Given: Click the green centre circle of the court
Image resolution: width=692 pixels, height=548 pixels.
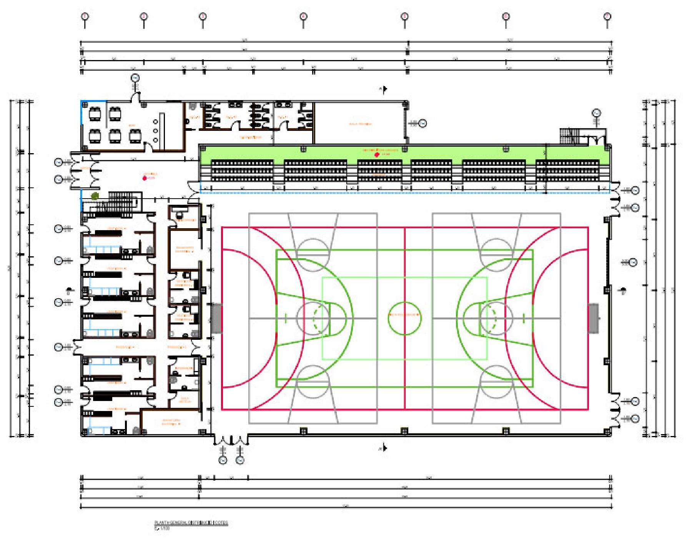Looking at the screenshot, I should click(404, 318).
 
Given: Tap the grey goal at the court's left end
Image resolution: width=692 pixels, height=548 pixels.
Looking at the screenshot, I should click(216, 318).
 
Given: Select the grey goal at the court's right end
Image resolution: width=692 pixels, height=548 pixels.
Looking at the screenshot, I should click(593, 318).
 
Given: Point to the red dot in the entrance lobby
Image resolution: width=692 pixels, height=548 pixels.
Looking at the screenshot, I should click(145, 178).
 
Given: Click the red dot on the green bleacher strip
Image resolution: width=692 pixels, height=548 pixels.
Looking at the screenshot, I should click(377, 155).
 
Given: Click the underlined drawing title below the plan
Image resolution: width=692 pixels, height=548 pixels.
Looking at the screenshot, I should click(191, 523).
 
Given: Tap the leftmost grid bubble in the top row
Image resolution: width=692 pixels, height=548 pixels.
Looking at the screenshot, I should click(85, 17).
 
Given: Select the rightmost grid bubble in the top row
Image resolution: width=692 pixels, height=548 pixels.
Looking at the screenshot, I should click(607, 17).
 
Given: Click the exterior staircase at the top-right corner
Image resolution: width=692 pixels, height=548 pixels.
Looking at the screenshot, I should click(569, 136).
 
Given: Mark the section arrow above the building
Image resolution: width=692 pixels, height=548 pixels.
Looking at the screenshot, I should click(384, 89).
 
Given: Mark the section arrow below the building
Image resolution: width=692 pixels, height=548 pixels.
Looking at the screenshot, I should click(384, 448).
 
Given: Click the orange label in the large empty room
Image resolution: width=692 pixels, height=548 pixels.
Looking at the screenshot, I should click(360, 124).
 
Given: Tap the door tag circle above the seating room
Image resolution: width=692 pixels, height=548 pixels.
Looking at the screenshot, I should click(135, 78).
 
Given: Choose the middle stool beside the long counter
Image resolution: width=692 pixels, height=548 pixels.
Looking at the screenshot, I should click(155, 131).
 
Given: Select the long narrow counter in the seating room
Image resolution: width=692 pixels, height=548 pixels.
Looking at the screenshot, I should click(162, 131).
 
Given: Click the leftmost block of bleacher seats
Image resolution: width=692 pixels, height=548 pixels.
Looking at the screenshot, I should click(242, 170).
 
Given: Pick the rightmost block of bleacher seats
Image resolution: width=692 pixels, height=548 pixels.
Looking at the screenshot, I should click(567, 170).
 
